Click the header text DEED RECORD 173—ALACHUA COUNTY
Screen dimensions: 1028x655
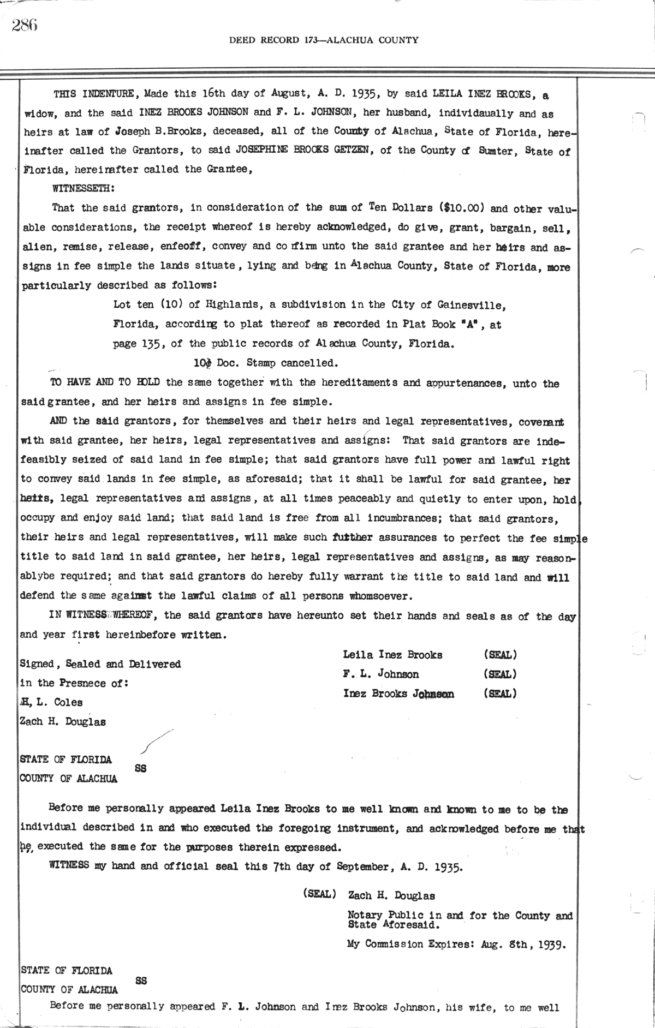coord(324,40)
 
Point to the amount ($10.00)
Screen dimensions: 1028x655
coord(464,208)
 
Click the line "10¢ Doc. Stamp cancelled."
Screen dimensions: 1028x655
coord(263,363)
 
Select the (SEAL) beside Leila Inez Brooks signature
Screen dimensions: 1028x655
coord(500,655)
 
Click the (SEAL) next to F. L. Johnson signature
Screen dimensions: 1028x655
coord(500,674)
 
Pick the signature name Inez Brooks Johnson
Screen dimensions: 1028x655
coord(398,694)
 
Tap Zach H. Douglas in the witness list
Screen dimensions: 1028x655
coord(63,721)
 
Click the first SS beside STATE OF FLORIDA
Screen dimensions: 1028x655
coord(140,768)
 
